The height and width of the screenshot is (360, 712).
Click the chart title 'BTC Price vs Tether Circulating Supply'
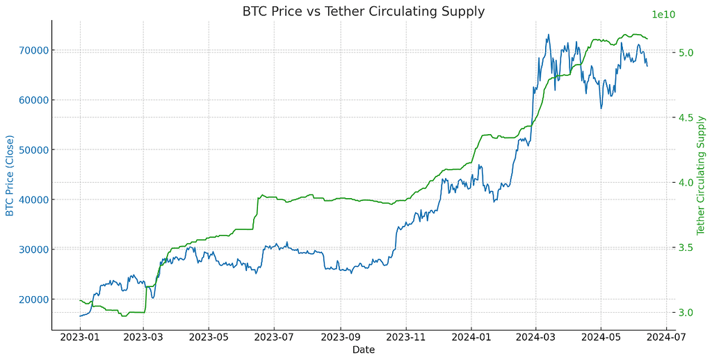363,11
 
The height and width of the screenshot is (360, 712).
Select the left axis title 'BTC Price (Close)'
10,174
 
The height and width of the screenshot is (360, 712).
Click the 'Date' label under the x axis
363,350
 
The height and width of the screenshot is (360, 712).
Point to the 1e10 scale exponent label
664,15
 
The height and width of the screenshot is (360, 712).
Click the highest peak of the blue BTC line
548,35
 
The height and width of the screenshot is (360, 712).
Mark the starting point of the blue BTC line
80,316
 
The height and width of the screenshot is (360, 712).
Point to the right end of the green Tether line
647,39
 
